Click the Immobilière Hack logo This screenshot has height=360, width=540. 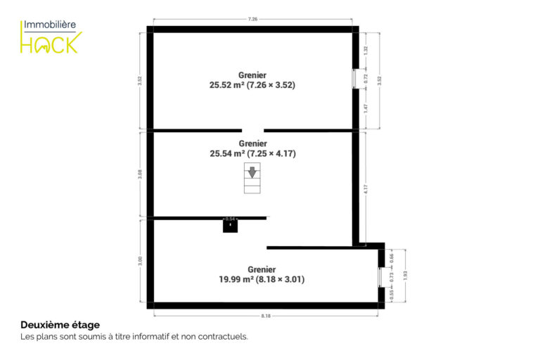tap(51, 37)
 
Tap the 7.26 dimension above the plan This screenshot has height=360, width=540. tap(253, 19)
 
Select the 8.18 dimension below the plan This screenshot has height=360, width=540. tap(266, 316)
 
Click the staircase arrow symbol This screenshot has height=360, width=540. tap(252, 172)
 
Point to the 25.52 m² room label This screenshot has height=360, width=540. tap(252, 80)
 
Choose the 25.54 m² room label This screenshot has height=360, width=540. tap(253, 149)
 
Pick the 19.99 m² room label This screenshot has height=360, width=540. tap(262, 274)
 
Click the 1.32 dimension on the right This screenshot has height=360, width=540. tap(366, 51)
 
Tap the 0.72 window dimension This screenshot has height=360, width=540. tap(366, 79)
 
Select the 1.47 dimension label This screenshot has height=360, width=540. tap(366, 108)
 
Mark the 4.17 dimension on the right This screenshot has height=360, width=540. tap(366, 188)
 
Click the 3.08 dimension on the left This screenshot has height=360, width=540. tap(140, 174)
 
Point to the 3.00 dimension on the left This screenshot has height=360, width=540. tap(140, 261)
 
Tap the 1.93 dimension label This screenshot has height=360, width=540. tap(405, 276)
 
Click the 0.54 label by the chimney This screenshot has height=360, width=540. tap(230, 219)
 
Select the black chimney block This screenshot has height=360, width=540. tap(230, 226)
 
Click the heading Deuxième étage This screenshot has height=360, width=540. tap(60, 325)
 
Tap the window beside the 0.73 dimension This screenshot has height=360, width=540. tap(380, 277)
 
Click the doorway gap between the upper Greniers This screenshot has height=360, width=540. tap(253, 131)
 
